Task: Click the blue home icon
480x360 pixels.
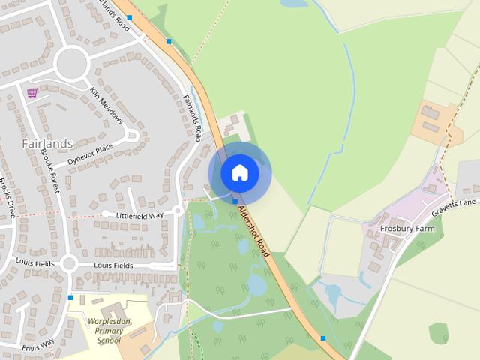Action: point(239,173)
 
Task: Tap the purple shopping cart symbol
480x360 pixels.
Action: point(32,93)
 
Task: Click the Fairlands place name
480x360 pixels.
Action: point(46,143)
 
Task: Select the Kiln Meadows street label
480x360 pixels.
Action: point(106,105)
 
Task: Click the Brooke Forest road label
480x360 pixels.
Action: point(50,170)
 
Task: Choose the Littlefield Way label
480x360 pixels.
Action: point(139,215)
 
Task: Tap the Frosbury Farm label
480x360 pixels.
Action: point(407,228)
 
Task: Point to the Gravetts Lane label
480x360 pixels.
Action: point(457,203)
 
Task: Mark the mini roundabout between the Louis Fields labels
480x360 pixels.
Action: point(70,264)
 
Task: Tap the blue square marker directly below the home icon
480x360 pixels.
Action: point(235,201)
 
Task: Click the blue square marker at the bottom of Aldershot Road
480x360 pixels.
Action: point(323,338)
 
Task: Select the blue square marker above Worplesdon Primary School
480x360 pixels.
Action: point(70,298)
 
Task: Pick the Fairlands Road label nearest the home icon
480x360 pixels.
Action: point(193,118)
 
